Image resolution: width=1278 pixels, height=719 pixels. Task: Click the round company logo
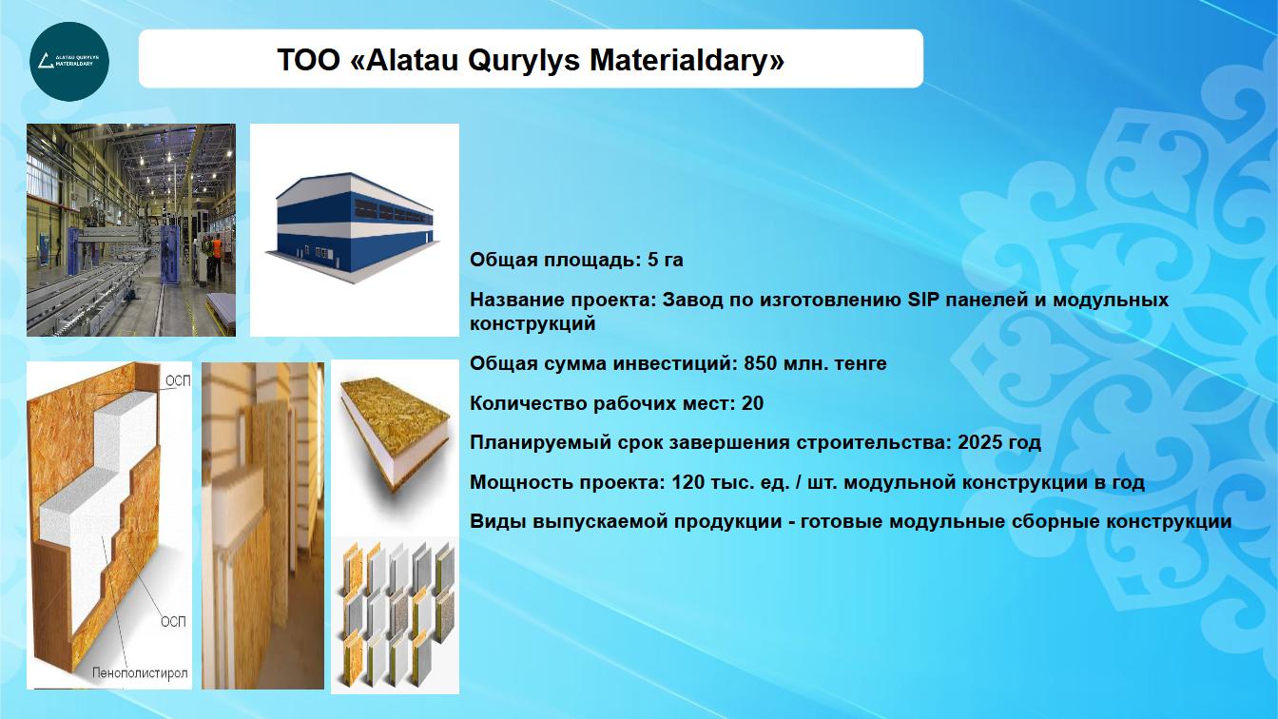pyautogui.click(x=69, y=62)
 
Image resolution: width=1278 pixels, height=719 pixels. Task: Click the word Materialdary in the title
pyautogui.click(x=687, y=60)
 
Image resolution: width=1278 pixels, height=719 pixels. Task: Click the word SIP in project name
pyautogui.click(x=923, y=300)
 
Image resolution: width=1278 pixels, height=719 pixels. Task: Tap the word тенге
pyautogui.click(x=861, y=363)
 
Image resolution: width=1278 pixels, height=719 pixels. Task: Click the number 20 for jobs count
pyautogui.click(x=752, y=403)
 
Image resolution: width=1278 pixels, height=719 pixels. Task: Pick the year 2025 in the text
pyautogui.click(x=978, y=442)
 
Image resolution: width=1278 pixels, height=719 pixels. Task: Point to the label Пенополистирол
pyautogui.click(x=140, y=673)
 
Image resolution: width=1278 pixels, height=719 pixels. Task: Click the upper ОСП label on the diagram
pyautogui.click(x=178, y=381)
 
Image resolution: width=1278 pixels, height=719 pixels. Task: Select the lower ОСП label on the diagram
pyautogui.click(x=173, y=621)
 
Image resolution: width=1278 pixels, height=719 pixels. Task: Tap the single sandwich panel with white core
pyautogui.click(x=397, y=433)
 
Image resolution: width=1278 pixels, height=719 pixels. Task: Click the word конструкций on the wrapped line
pyautogui.click(x=532, y=323)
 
